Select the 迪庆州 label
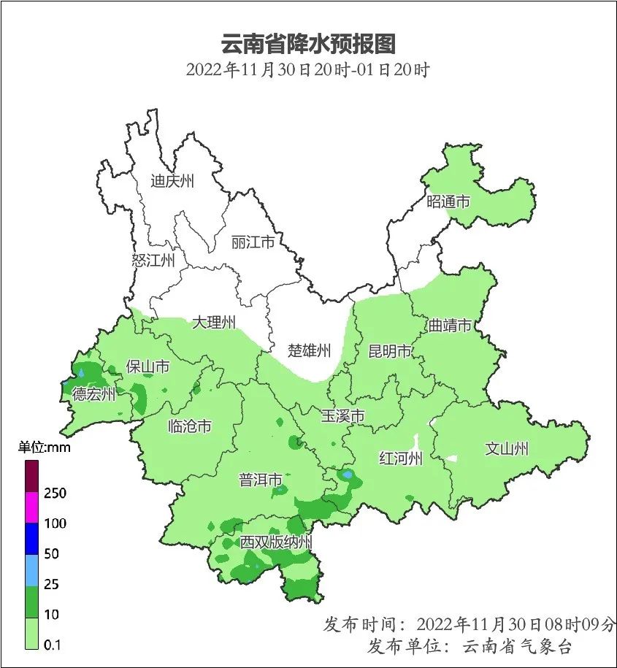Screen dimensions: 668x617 point(172,181)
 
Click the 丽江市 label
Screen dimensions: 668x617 point(253,242)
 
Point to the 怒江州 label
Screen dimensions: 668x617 point(153,260)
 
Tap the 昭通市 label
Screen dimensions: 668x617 point(448,201)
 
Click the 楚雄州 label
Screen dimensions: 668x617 point(310,350)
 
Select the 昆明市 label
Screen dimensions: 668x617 point(390,351)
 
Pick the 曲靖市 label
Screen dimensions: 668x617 point(450,325)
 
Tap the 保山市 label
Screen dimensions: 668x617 point(147,366)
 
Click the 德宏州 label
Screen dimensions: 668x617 point(93,395)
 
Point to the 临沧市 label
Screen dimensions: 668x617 point(189,426)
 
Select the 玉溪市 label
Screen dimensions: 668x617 point(343,416)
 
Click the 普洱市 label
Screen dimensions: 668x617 point(261,480)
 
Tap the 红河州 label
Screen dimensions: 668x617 point(401,458)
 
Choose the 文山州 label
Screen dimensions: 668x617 point(507,449)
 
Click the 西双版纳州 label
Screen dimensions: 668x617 point(276,542)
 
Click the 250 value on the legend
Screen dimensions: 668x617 point(55,493)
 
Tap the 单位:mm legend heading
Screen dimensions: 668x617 point(45,448)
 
